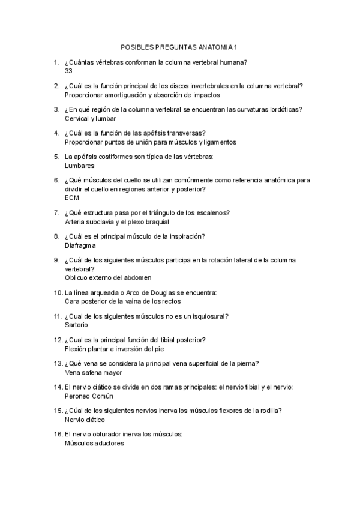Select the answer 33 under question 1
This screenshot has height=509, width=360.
click(68, 71)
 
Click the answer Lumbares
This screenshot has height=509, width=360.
click(79, 166)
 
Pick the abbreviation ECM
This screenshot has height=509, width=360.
click(71, 197)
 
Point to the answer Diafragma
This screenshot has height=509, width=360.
click(80, 245)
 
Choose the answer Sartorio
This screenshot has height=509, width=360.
click(76, 325)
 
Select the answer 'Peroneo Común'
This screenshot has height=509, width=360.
click(88, 396)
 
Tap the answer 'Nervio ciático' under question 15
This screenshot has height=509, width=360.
click(84, 420)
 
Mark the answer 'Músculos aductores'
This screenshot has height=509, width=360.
click(94, 444)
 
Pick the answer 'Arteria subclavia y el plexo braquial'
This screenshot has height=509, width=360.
click(116, 221)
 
